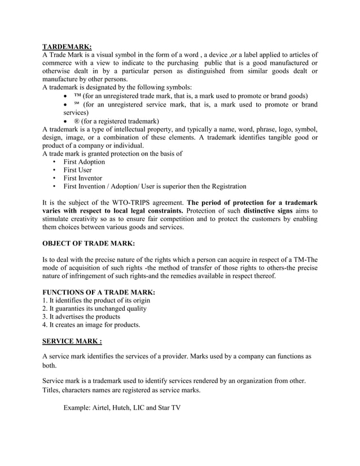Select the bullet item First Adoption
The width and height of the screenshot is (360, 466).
pos(84,161)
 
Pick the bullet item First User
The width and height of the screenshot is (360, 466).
pos(77,170)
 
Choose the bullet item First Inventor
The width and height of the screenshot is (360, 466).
pos(82,178)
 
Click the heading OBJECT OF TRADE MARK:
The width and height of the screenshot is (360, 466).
pos(89,244)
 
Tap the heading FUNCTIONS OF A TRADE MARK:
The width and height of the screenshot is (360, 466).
pos(99,292)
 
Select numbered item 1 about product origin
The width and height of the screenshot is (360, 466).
pos(96,301)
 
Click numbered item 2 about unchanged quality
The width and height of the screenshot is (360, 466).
pos(95,309)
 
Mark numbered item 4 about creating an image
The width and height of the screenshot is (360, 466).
pos(91,325)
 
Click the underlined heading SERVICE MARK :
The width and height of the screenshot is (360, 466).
pos(72,341)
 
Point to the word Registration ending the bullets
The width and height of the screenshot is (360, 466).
pos(226,186)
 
